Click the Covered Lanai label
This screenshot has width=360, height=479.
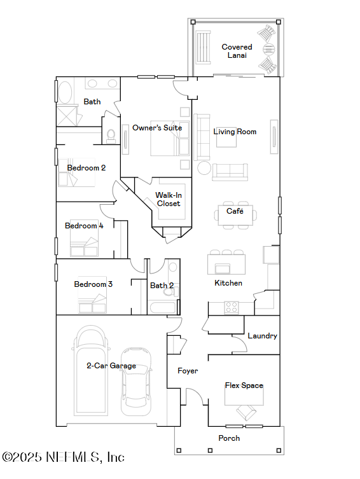pyautogui.click(x=237, y=51)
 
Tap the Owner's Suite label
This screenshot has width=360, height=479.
pyautogui.click(x=157, y=128)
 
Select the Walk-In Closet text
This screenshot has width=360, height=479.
pyautogui.click(x=169, y=199)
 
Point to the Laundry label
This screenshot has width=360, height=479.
pyautogui.click(x=262, y=336)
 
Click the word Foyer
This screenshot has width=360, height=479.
pyautogui.click(x=188, y=371)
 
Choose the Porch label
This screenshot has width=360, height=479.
pyautogui.click(x=229, y=438)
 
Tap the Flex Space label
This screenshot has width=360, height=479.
pyautogui.click(x=244, y=385)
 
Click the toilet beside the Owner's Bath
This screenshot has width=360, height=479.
pyautogui.click(x=111, y=136)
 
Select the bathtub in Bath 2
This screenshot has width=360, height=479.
pyautogui.click(x=163, y=307)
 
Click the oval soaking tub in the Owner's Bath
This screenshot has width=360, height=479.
pyautogui.click(x=65, y=92)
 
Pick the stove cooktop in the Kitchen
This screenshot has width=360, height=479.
pyautogui.click(x=231, y=307)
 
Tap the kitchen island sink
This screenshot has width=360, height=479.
pyautogui.click(x=223, y=268)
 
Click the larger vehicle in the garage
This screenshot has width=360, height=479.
pyautogui.click(x=91, y=370)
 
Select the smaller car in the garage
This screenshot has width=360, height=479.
pyautogui.click(x=136, y=381)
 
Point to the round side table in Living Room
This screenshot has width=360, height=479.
pyautogui.click(x=204, y=168)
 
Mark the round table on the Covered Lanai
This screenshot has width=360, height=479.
pyautogui.click(x=268, y=49)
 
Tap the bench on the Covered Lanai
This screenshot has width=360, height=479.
pyautogui.click(x=204, y=47)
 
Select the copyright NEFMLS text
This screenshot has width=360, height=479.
pyautogui.click(x=63, y=457)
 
